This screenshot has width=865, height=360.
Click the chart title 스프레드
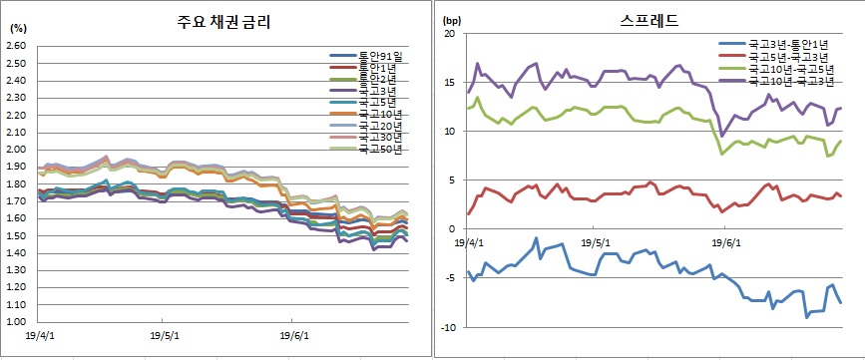(649, 19)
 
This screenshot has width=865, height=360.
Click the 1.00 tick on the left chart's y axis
(17, 322)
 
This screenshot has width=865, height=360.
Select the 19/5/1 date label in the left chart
(166, 335)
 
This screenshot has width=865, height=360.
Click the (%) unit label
(17, 29)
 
